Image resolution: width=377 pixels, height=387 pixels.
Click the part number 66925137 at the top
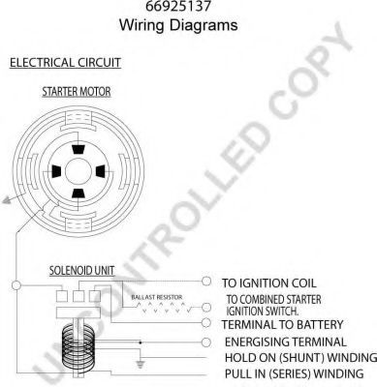pyautogui.click(x=178, y=6)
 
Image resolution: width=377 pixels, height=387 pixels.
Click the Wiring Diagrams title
pyautogui.click(x=178, y=25)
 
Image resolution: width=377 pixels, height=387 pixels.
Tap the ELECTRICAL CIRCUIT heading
pyautogui.click(x=65, y=63)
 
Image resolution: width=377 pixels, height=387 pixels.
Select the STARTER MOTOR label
pyautogui.click(x=77, y=92)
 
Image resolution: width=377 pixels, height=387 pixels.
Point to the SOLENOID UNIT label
pyautogui.click(x=81, y=271)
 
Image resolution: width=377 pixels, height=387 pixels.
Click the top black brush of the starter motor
pyautogui.click(x=78, y=150)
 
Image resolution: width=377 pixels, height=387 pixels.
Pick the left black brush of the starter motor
pyautogui.click(x=56, y=171)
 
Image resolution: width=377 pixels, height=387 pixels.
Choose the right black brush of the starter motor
pyautogui.click(x=101, y=171)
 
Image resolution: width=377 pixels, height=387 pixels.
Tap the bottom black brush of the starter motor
pyautogui.click(x=78, y=193)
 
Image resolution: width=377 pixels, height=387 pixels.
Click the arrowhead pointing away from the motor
pyautogui.click(x=7, y=200)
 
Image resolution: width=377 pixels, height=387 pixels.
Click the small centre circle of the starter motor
pyautogui.click(x=79, y=171)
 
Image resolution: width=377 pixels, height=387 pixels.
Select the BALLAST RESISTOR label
pyautogui.click(x=157, y=297)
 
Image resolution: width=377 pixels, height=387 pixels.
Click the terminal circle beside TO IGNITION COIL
pyautogui.click(x=206, y=281)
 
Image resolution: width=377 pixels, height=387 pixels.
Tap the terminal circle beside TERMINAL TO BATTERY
pyautogui.click(x=206, y=323)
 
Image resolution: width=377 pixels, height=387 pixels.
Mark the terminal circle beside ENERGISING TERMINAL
pyautogui.click(x=206, y=342)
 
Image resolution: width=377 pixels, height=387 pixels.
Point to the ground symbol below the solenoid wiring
pyautogui.click(x=140, y=365)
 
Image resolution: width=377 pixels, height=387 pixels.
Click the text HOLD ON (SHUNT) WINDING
pyautogui.click(x=300, y=358)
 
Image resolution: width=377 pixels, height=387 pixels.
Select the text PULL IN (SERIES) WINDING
pyautogui.click(x=294, y=373)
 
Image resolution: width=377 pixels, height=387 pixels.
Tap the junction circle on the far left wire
pyautogui.click(x=16, y=285)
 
